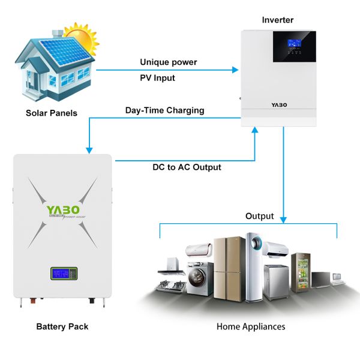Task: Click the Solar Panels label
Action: point(51,112)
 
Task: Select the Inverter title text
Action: point(278,20)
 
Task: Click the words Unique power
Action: point(168,62)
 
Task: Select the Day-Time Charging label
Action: point(164,110)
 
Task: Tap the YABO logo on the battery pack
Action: point(63,211)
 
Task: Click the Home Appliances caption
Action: point(251,326)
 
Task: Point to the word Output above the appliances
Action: point(259,216)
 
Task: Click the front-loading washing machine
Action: point(197,278)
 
